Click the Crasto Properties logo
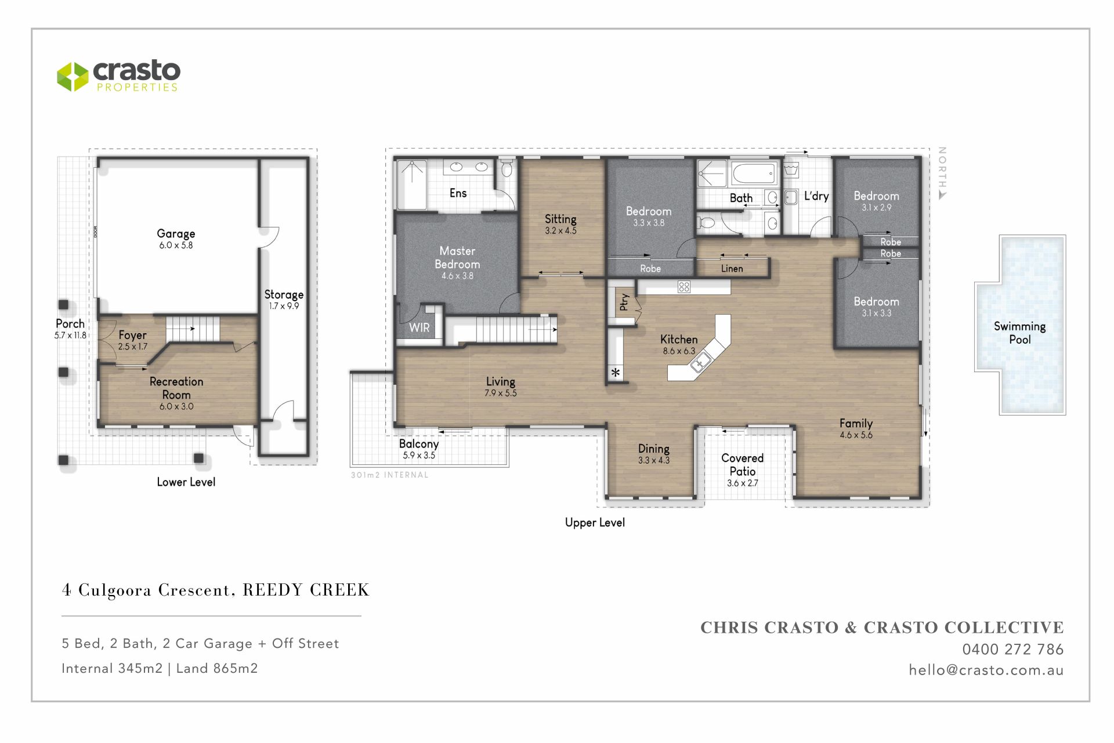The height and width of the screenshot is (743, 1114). tap(118, 76)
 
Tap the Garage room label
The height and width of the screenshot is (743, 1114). tap(176, 233)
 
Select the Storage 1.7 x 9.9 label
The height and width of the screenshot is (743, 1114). tap(284, 300)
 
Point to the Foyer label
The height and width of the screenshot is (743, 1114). tap(132, 335)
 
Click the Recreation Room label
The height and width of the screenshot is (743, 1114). tap(176, 388)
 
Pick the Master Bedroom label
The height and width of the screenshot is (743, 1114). tap(457, 257)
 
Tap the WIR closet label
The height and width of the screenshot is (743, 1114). tap(419, 327)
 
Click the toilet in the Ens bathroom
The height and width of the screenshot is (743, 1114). tap(506, 168)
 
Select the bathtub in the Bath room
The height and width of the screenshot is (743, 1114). tap(754, 172)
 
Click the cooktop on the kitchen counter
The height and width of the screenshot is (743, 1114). tap(684, 287)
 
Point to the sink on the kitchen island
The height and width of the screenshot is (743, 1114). tap(700, 362)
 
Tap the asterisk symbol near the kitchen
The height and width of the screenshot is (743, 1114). tap(616, 373)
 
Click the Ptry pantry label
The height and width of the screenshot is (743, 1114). tap(624, 302)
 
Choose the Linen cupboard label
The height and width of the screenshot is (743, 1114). tap(732, 269)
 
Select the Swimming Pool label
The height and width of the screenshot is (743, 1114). tap(1019, 333)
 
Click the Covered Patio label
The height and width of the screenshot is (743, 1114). tap(742, 464)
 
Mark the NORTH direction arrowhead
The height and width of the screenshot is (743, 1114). tap(942, 195)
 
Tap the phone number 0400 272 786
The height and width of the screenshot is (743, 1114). tap(1012, 649)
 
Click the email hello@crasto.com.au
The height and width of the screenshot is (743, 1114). tap(986, 670)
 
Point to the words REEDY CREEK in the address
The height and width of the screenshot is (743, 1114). tap(306, 590)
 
